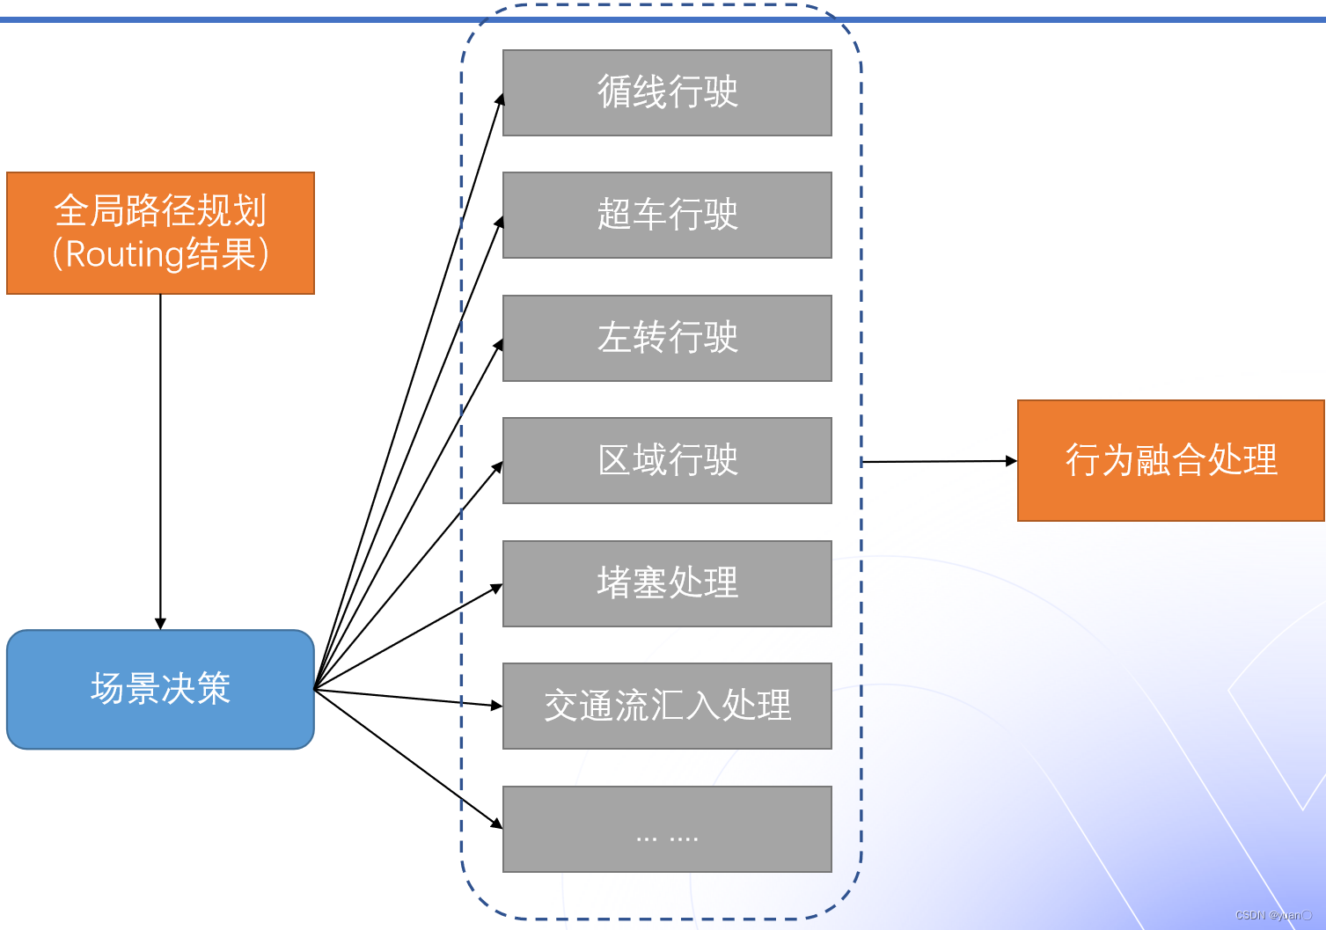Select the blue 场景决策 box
tap(160, 689)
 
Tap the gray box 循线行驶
tap(667, 92)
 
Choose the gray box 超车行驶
tap(667, 215)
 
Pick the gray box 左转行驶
tap(667, 338)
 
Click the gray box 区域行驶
tap(667, 460)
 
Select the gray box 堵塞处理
tap(667, 583)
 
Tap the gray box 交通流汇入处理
tap(667, 706)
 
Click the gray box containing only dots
tap(667, 829)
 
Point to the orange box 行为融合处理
tap(1170, 460)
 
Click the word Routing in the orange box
tap(124, 254)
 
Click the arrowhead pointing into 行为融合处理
tap(1011, 460)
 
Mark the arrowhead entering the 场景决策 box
tap(160, 624)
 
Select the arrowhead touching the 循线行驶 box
tap(500, 99)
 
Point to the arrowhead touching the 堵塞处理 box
tap(497, 588)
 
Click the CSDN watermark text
tap(1272, 915)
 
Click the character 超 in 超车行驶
tap(613, 215)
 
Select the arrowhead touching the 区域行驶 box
tap(498, 467)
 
